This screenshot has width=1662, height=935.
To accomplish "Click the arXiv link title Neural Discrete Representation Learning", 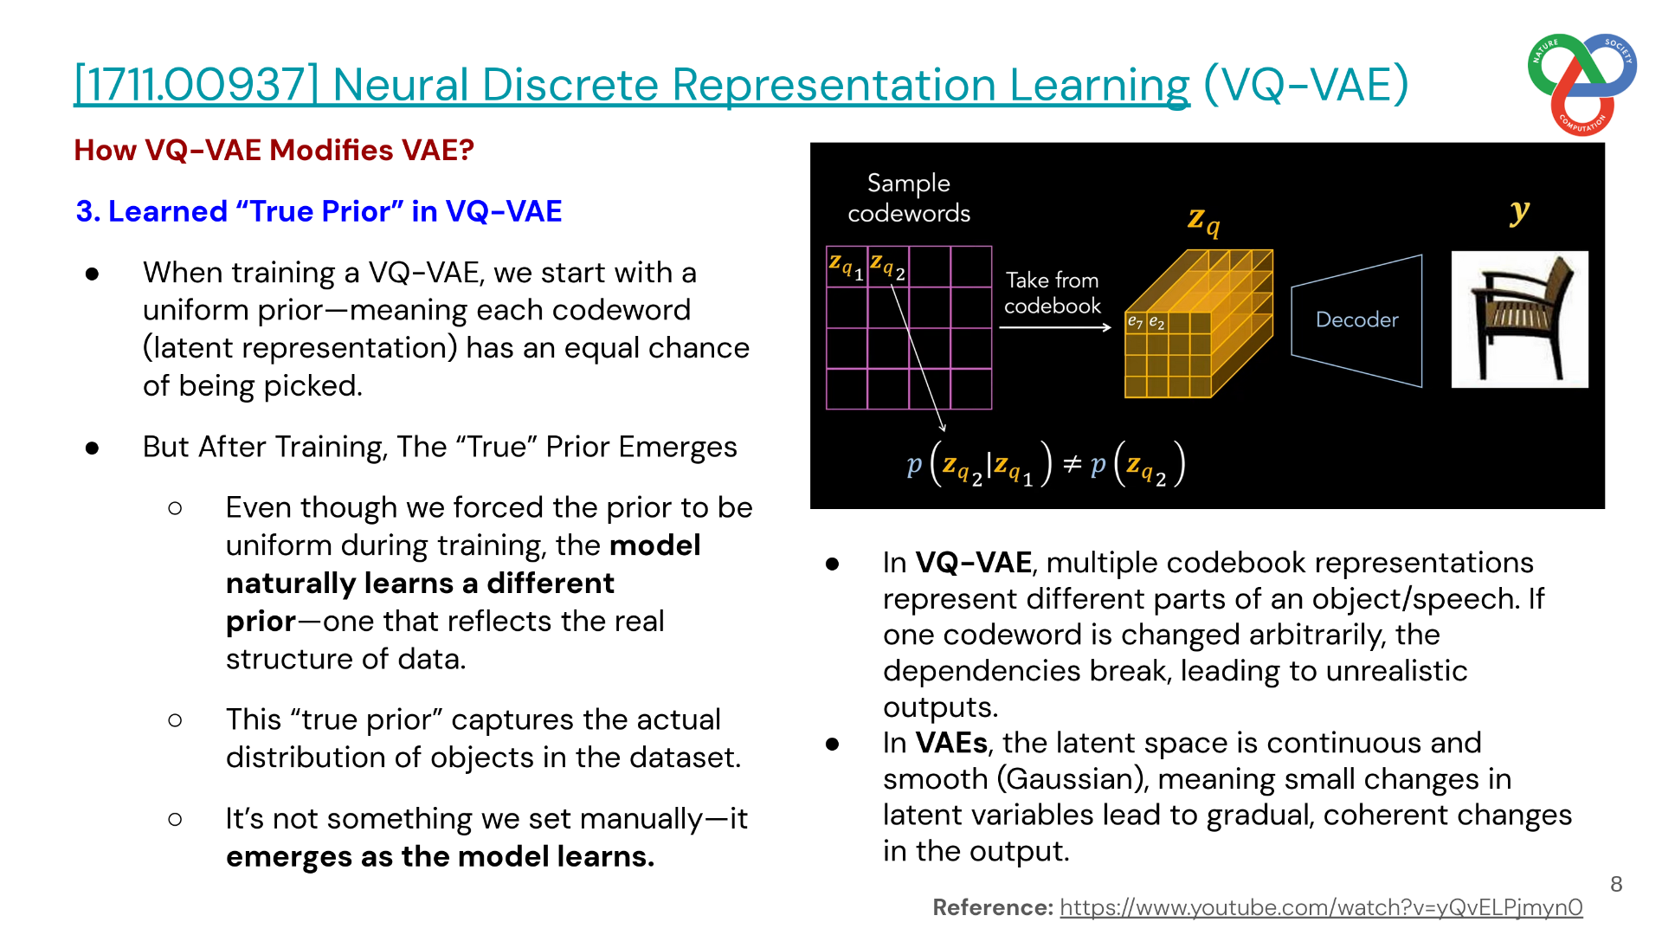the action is click(632, 85).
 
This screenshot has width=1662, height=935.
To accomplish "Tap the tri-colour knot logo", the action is click(1581, 84).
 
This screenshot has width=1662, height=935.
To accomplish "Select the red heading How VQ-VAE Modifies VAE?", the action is click(274, 150).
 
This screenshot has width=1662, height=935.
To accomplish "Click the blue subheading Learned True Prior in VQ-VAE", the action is click(319, 211).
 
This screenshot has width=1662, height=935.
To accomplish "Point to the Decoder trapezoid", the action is click(1356, 320).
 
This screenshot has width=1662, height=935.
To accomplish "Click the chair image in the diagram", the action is click(1519, 319).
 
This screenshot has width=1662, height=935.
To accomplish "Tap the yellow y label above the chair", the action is click(1519, 210).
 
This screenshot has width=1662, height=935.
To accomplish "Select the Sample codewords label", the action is click(909, 198).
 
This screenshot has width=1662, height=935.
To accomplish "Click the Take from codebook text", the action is click(1052, 293).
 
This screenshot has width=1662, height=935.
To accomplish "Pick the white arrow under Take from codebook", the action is click(1055, 327).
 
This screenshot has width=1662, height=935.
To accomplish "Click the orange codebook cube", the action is click(1199, 323).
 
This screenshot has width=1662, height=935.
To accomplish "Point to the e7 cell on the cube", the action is click(1135, 322).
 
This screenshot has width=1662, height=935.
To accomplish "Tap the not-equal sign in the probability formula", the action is click(1072, 465).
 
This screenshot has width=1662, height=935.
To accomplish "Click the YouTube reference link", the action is click(1321, 907).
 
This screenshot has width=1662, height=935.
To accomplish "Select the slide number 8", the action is click(1616, 884).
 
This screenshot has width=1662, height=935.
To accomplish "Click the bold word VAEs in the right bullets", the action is click(951, 743).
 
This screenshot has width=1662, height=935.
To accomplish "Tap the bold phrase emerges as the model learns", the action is click(440, 857).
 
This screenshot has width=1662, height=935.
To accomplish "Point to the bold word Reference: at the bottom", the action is click(993, 907).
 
